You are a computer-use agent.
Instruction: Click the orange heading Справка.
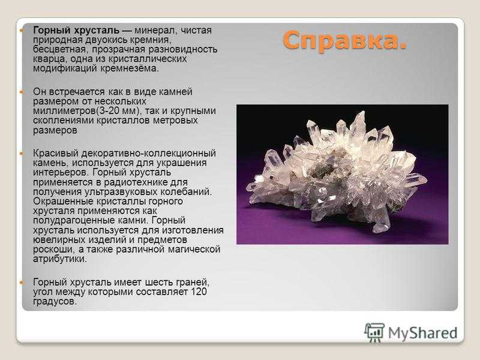click(344, 41)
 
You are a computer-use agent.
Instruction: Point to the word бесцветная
click(59, 50)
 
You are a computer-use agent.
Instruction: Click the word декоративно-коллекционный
click(148, 154)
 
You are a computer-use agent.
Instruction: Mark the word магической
click(194, 249)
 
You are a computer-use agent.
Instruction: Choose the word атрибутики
click(60, 259)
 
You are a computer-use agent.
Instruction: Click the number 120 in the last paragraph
click(199, 292)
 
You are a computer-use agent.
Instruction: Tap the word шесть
click(159, 282)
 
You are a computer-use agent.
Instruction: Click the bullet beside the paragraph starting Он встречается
click(21, 92)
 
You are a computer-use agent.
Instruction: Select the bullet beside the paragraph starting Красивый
click(21, 153)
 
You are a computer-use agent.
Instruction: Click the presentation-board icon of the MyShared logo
click(374, 332)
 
